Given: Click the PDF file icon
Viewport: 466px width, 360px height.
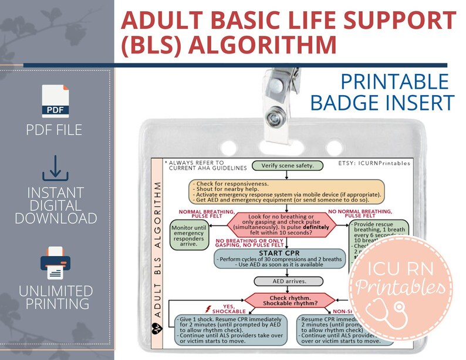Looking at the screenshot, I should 55,101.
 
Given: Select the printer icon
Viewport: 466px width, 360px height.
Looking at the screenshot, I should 55,263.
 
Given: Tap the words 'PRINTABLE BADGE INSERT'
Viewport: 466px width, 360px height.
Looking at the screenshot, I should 382,92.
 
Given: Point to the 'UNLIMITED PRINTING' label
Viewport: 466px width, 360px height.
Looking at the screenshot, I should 55,297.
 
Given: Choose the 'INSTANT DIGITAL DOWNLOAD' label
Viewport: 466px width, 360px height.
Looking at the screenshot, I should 55,206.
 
